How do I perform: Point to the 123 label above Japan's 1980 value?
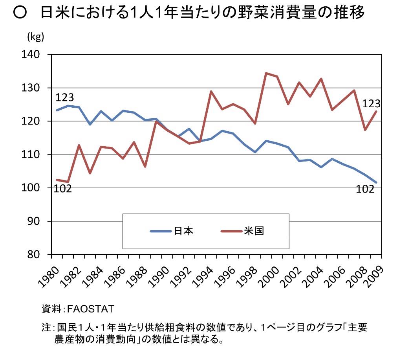65,97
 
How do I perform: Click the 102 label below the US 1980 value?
63,189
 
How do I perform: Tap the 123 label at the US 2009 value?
371,104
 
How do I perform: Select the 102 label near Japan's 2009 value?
365,189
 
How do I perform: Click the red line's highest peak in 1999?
266,73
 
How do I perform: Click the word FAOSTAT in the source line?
90,308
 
